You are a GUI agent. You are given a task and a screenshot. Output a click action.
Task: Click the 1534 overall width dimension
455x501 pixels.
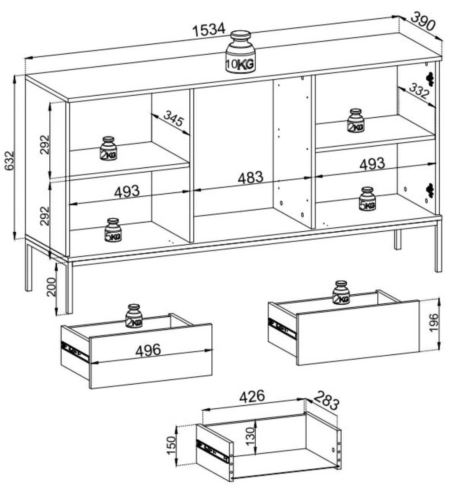[208, 30]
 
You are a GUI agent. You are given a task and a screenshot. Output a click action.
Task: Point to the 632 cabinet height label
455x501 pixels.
[9, 161]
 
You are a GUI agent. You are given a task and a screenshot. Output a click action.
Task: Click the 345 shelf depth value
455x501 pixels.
[173, 119]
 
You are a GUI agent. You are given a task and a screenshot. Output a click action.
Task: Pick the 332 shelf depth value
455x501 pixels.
[419, 91]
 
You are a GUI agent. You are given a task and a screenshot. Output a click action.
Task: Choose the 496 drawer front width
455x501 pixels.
[148, 350]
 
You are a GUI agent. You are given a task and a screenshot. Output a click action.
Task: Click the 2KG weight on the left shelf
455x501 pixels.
[108, 149]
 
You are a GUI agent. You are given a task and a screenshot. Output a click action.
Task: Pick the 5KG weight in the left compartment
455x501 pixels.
[113, 230]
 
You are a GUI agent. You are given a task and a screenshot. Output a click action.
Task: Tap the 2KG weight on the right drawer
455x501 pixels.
[341, 293]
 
